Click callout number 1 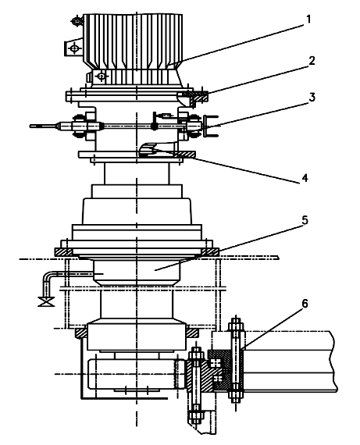point(308,20)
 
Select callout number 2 point(312,60)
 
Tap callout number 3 point(312,97)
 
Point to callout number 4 point(305,178)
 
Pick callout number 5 point(305,220)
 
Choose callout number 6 point(305,304)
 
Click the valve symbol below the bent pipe point(46,301)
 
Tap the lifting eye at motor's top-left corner point(77,21)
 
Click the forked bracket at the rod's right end point(209,126)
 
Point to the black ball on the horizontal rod point(154,126)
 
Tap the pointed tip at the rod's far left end point(30,126)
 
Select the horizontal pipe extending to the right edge point(290,361)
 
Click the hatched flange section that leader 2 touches point(195,97)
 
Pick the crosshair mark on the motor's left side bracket point(74,49)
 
